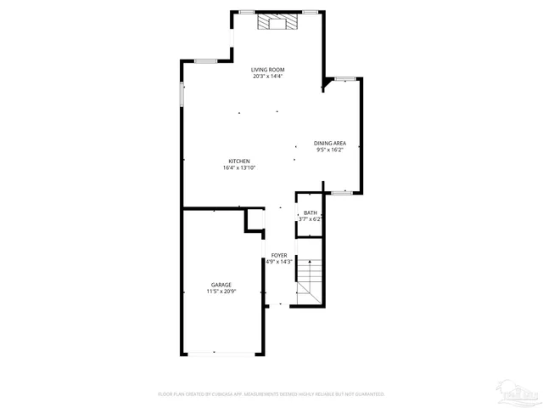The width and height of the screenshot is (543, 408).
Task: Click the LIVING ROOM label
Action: tap(267, 70)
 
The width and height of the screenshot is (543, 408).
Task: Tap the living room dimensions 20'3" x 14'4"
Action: tap(267, 76)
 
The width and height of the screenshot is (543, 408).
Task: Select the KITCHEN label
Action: tap(238, 161)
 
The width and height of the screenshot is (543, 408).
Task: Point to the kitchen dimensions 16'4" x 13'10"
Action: tap(238, 168)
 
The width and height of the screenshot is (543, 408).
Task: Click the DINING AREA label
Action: tap(329, 144)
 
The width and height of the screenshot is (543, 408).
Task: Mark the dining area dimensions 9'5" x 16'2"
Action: tap(329, 150)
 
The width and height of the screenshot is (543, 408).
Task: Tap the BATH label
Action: tap(311, 212)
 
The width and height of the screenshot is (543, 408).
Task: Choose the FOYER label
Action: tap(278, 255)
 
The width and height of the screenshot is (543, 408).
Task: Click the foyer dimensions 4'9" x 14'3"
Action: tap(278, 262)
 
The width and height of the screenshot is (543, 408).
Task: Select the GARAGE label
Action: tap(221, 285)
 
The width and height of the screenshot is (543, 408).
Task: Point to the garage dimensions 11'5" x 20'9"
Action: tap(221, 292)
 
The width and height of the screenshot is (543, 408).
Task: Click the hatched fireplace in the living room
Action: tap(278, 22)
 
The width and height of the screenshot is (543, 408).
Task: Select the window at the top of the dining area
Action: tap(344, 79)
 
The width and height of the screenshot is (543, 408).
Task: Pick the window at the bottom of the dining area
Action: tap(341, 193)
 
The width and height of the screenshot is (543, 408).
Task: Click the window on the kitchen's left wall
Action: tap(182, 94)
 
